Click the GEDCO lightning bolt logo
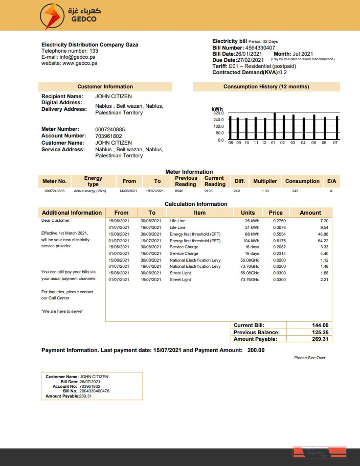[x=52, y=15]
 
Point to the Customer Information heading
[x=105, y=87]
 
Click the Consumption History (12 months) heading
[x=266, y=87]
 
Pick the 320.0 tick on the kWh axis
[x=218, y=113]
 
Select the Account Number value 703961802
[x=108, y=136]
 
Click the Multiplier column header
[x=265, y=181]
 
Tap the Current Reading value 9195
[x=208, y=191]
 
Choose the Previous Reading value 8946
[x=178, y=191]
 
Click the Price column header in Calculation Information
[x=276, y=213]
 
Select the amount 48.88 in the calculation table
[x=323, y=234]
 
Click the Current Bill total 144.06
[x=320, y=325]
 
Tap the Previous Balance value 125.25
[x=320, y=332]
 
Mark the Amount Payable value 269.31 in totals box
[x=320, y=339]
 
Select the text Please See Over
[x=310, y=358]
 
